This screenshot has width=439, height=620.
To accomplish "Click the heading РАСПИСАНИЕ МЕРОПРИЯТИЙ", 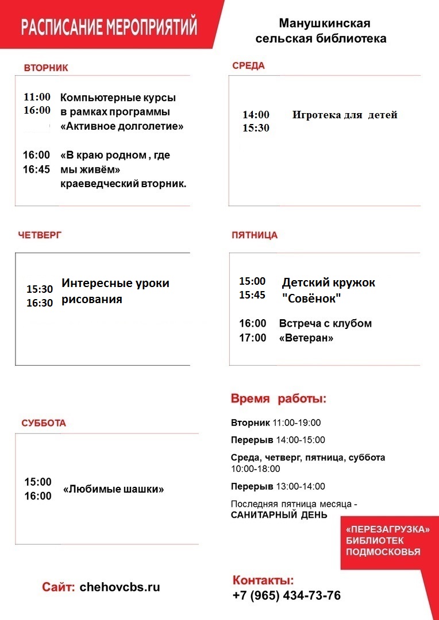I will (109, 27).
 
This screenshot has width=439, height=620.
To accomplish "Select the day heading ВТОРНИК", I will (46, 68).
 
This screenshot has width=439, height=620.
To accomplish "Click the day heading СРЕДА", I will (248, 65).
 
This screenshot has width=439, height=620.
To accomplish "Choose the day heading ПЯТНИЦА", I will (255, 235).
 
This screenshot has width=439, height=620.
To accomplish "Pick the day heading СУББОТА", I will (44, 423).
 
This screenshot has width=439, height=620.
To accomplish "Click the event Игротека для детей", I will (345, 115).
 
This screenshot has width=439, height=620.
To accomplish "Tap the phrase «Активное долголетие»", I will (122, 126).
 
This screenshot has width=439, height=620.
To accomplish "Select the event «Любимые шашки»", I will (114, 490).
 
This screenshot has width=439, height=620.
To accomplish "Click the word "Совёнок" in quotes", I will (312, 299).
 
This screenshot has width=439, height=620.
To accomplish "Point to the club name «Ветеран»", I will (306, 338).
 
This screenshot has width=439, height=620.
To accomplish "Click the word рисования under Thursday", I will (92, 299).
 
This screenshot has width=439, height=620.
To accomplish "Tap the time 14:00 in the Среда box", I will (256, 115).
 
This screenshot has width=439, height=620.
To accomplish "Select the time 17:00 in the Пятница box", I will (253, 338).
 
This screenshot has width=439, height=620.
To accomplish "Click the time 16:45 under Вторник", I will (37, 169).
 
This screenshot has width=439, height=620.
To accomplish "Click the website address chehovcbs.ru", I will (120, 587).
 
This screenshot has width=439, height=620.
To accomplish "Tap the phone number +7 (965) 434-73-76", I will (286, 596).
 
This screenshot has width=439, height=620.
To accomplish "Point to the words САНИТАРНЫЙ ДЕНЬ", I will (279, 515).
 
